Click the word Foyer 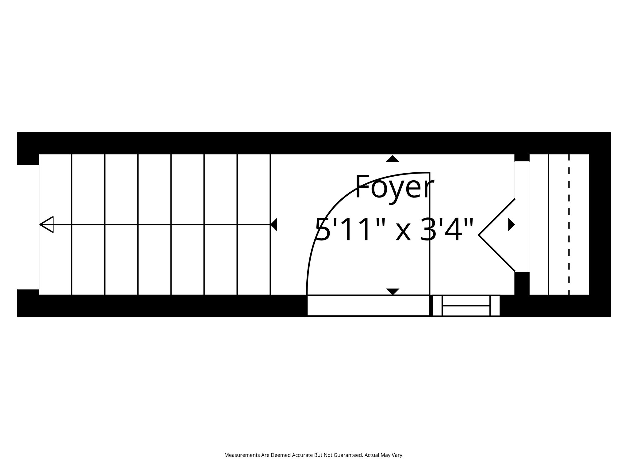pyautogui.click(x=394, y=187)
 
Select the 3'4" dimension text pyautogui.click(x=446, y=229)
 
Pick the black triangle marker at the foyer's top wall pyautogui.click(x=392, y=159)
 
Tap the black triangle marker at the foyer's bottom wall pyautogui.click(x=392, y=291)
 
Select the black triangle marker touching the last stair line pyautogui.click(x=274, y=224)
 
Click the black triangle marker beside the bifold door pyautogui.click(x=511, y=224)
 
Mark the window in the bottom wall pyautogui.click(x=466, y=306)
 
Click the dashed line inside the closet pyautogui.click(x=569, y=224)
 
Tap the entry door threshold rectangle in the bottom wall pyautogui.click(x=368, y=306)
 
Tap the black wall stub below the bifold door pyautogui.click(x=522, y=283)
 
